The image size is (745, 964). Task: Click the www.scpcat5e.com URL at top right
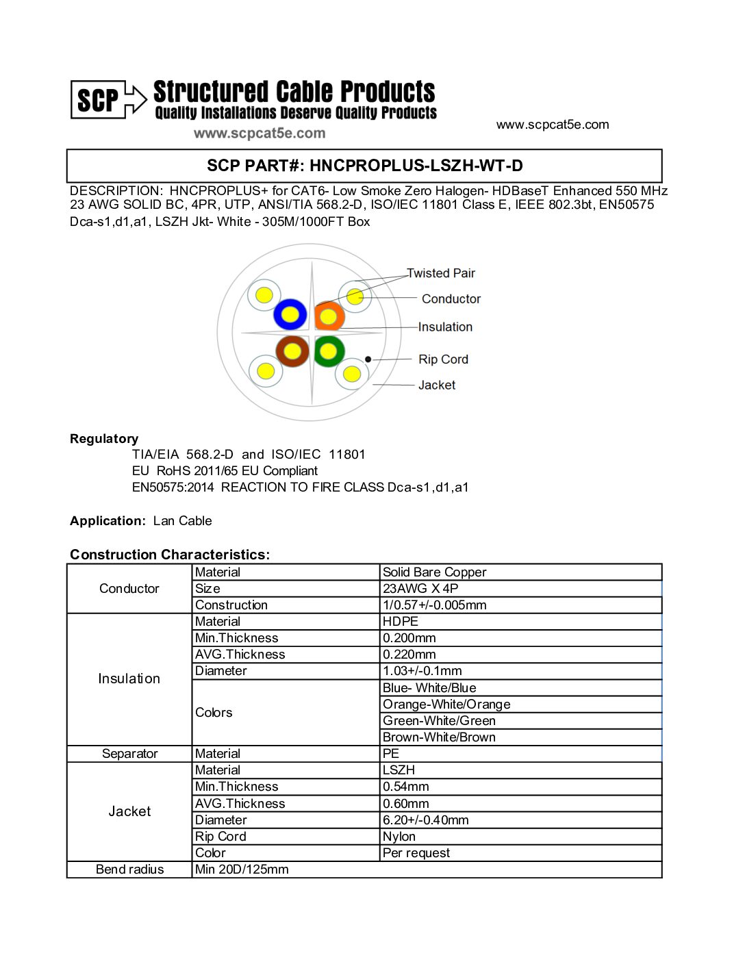pos(552,125)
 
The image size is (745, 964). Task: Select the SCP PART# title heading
pos(364,166)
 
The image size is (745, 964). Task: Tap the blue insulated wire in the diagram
pos(290,315)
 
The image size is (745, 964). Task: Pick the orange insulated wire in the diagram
pos(329,316)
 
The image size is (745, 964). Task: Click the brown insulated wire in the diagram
pos(292,351)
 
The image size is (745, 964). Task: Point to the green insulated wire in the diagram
pos(329,351)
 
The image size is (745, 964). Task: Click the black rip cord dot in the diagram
pos(368,359)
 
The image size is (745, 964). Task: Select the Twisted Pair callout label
pos(441,273)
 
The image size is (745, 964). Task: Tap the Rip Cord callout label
pos(443,359)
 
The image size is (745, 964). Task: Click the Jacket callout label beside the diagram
pos(437,385)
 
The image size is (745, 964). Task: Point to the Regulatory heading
pos(104,439)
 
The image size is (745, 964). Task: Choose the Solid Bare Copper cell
pos(434,572)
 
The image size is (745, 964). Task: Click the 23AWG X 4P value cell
pos(420,589)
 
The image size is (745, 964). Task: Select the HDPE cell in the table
pos(401,622)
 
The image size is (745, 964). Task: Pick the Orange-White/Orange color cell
pos(446,705)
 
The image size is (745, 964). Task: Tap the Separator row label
pos(129,754)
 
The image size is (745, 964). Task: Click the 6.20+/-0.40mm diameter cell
pos(425,820)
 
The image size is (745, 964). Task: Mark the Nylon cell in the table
pos(399,837)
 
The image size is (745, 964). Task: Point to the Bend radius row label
pos(129,870)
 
